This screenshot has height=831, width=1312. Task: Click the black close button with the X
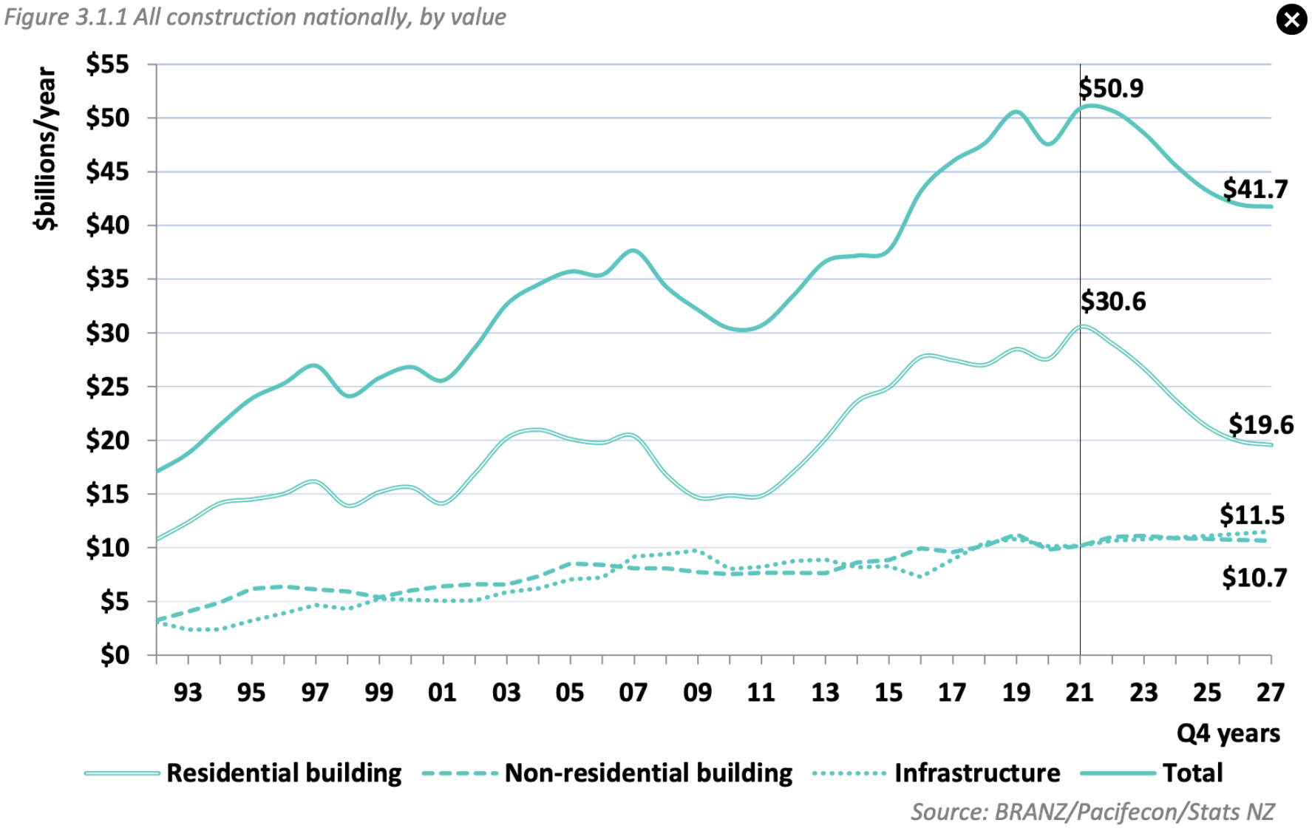(x=1291, y=20)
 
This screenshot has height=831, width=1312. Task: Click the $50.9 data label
(x=1111, y=89)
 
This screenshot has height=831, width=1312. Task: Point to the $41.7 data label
(x=1255, y=189)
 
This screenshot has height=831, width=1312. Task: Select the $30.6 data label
(x=1113, y=302)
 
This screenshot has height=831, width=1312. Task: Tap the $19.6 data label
(x=1261, y=425)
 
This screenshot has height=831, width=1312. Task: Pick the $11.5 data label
(x=1252, y=515)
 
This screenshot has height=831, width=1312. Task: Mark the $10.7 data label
(x=1254, y=577)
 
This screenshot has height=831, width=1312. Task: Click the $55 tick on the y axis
(x=107, y=64)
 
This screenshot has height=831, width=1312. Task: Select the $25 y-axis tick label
(x=107, y=387)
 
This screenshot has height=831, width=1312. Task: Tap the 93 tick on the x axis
(x=188, y=693)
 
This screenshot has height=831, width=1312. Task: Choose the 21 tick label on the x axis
(x=1079, y=693)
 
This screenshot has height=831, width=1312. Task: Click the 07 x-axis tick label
(x=633, y=693)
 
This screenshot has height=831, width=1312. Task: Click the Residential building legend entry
(x=284, y=773)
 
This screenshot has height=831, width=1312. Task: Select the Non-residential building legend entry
(x=648, y=773)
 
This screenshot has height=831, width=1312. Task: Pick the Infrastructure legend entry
(x=976, y=773)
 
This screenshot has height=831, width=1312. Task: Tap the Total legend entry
(x=1192, y=773)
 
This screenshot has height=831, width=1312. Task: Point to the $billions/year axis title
(x=46, y=149)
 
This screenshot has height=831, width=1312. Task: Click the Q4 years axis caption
(x=1228, y=733)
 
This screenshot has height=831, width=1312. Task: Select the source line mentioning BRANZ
(x=1092, y=812)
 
